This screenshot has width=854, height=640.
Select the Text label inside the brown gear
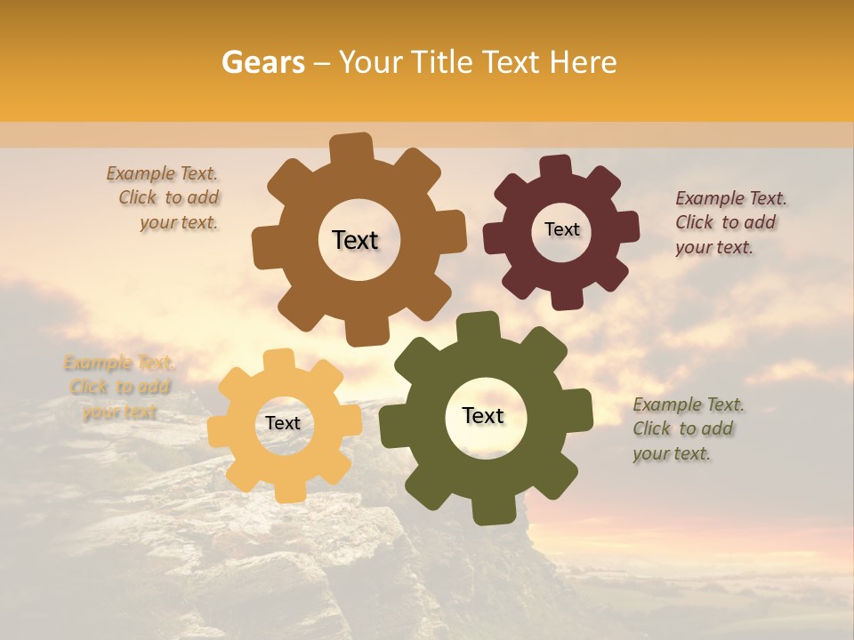pos(355,240)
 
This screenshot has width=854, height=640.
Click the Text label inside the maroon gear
pos(561,229)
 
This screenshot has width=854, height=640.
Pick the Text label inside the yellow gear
pos(283,423)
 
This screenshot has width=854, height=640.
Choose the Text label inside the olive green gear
pos(483,416)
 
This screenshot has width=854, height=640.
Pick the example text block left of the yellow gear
pos(119,387)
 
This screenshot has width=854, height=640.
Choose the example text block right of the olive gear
pos(686,428)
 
